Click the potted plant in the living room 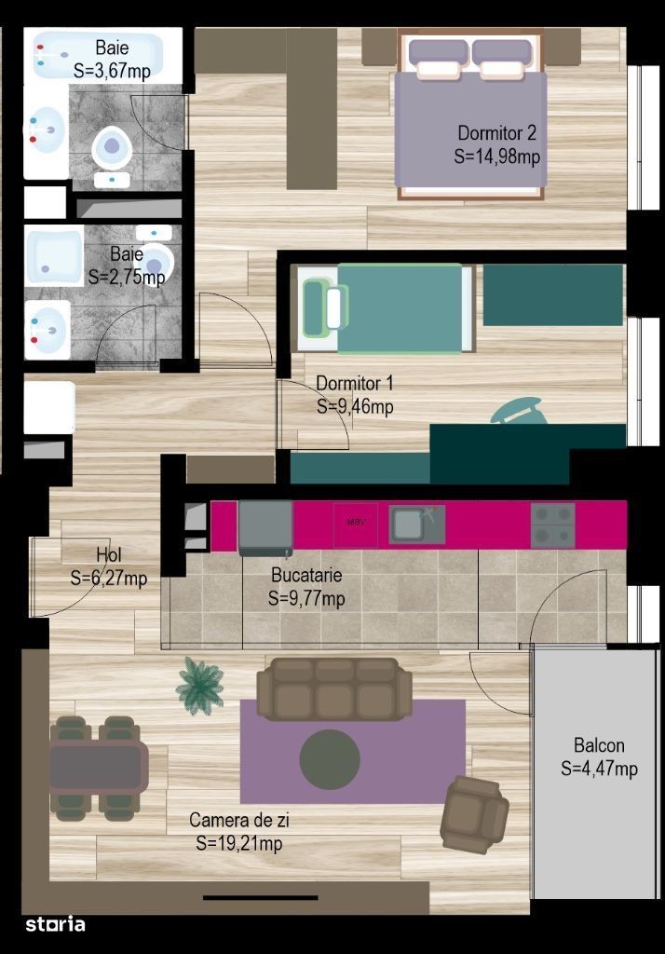click(199, 686)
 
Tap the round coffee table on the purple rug click(330, 760)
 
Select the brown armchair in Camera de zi click(475, 814)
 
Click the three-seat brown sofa click(334, 689)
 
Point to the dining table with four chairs click(99, 768)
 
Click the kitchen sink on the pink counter click(416, 525)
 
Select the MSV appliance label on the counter click(356, 522)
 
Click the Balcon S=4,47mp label click(599, 756)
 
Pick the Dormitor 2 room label click(497, 132)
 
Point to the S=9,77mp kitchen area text click(306, 599)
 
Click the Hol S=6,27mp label click(109, 566)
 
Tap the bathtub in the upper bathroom click(98, 55)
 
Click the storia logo click(55, 924)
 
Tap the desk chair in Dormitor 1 click(517, 410)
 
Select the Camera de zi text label click(239, 820)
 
